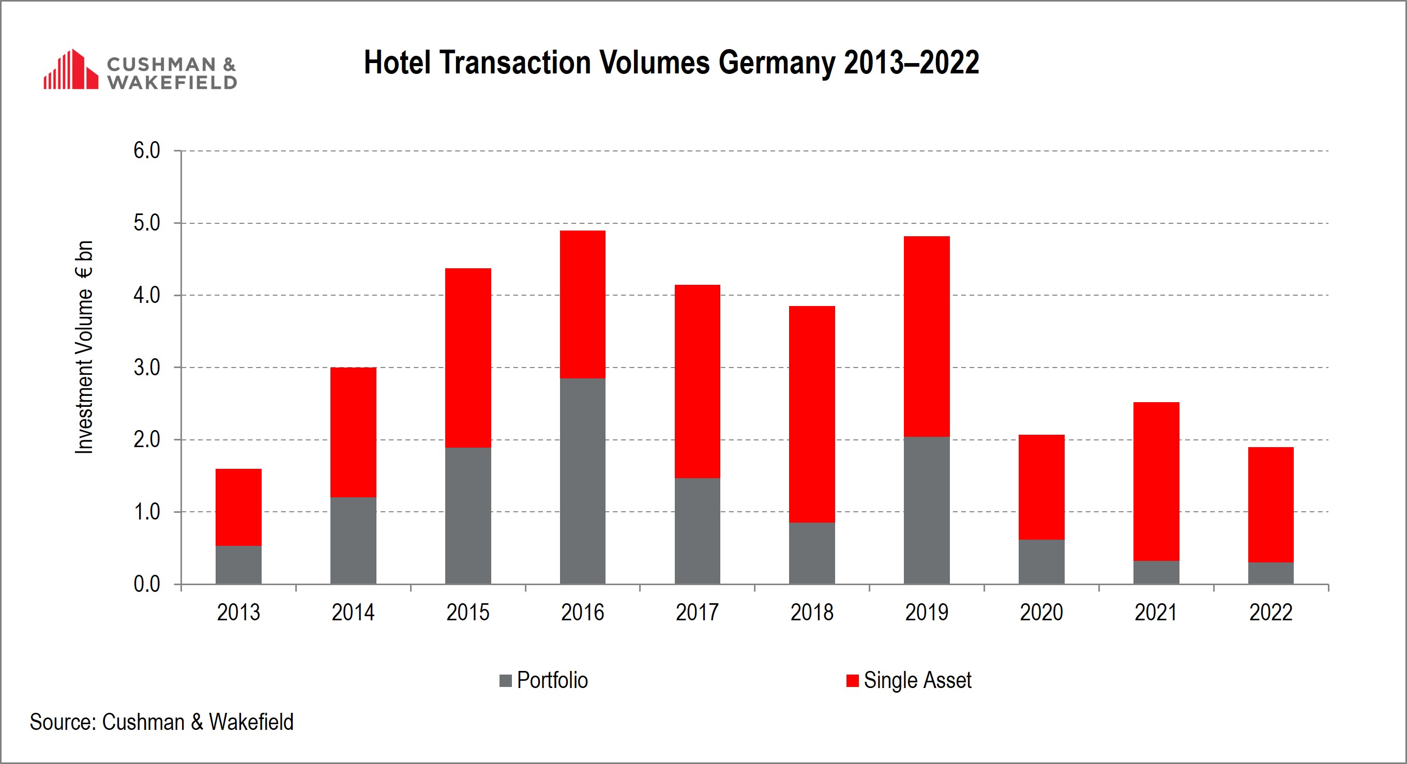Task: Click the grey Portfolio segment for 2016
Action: (x=582, y=481)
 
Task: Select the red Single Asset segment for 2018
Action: (x=812, y=414)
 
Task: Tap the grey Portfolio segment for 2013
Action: (x=238, y=564)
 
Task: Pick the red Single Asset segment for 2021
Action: (x=1156, y=481)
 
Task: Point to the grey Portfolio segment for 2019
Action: (x=926, y=510)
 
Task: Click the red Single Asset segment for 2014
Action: (x=353, y=432)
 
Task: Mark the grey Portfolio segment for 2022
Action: (x=1270, y=573)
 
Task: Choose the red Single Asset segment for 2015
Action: (x=467, y=358)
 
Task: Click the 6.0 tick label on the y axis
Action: (x=146, y=151)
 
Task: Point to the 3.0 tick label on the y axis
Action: (x=146, y=368)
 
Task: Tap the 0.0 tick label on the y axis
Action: (x=146, y=584)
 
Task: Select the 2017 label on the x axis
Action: (x=697, y=612)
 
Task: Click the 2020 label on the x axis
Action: (x=1041, y=612)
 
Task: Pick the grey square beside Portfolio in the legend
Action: (x=505, y=680)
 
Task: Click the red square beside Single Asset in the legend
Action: (x=852, y=680)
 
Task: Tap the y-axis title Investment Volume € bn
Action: (x=84, y=347)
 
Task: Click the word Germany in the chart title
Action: (x=776, y=62)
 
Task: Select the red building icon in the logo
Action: (x=70, y=69)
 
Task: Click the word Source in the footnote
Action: (x=63, y=722)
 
